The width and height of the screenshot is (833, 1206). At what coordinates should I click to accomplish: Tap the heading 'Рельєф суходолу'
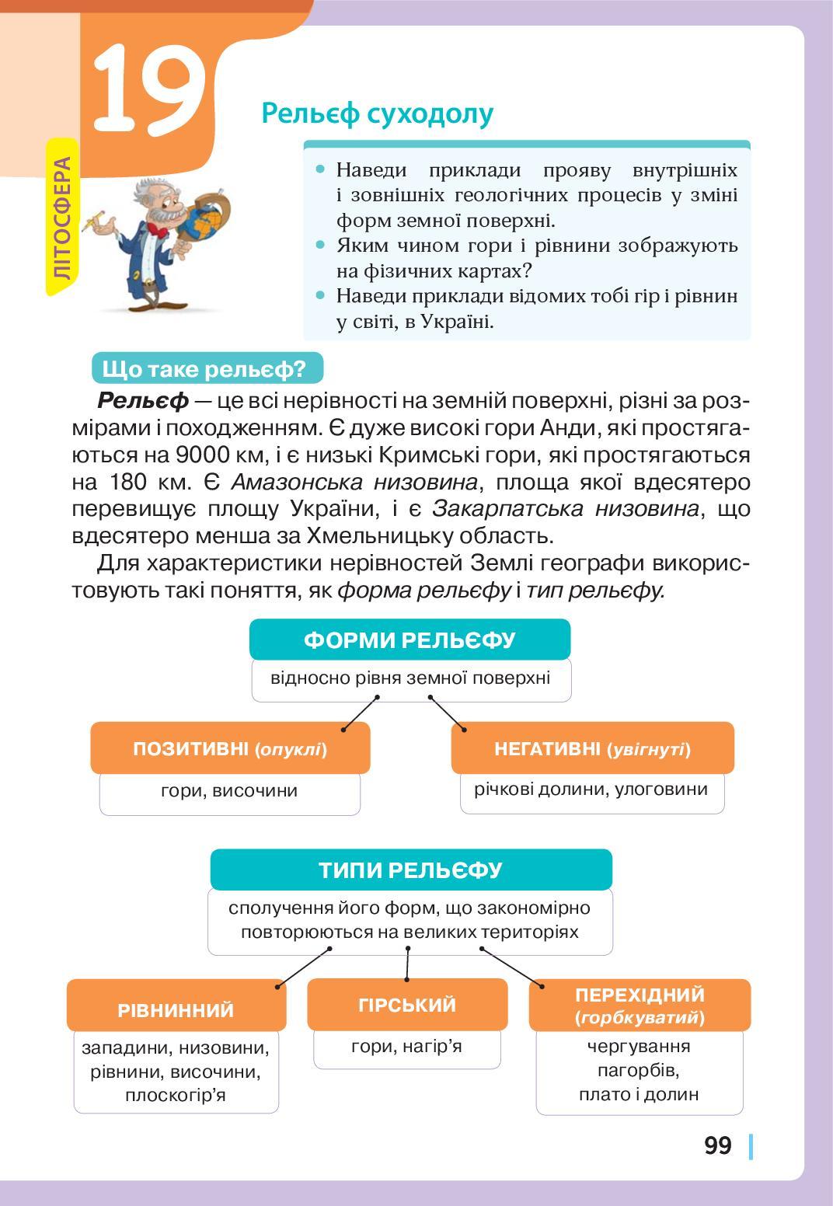click(x=378, y=113)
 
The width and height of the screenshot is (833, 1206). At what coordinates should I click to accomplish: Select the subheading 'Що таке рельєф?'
click(x=205, y=369)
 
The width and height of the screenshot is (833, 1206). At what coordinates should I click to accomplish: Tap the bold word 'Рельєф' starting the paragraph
click(x=143, y=401)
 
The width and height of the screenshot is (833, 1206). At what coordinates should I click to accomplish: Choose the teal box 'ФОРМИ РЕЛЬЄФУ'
click(x=410, y=640)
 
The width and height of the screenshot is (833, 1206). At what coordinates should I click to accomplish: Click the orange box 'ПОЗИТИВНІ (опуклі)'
click(x=230, y=749)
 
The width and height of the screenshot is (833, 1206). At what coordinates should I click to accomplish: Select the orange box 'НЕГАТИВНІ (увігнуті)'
click(x=592, y=749)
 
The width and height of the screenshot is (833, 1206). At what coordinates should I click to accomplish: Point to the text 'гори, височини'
click(x=229, y=791)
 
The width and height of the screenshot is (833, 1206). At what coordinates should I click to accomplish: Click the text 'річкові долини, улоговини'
click(x=591, y=789)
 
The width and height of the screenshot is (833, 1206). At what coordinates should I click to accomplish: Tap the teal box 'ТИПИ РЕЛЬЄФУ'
click(x=410, y=870)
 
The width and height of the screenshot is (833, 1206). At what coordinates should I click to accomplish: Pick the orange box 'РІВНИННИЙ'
click(x=176, y=1009)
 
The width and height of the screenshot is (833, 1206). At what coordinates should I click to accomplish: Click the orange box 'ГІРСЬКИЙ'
click(x=407, y=1005)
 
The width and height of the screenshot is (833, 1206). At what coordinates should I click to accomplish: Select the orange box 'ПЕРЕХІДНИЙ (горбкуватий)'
click(x=640, y=1005)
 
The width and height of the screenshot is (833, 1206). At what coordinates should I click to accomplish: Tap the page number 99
click(x=718, y=1145)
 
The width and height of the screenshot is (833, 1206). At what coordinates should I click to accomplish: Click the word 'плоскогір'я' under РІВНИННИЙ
click(x=176, y=1096)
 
